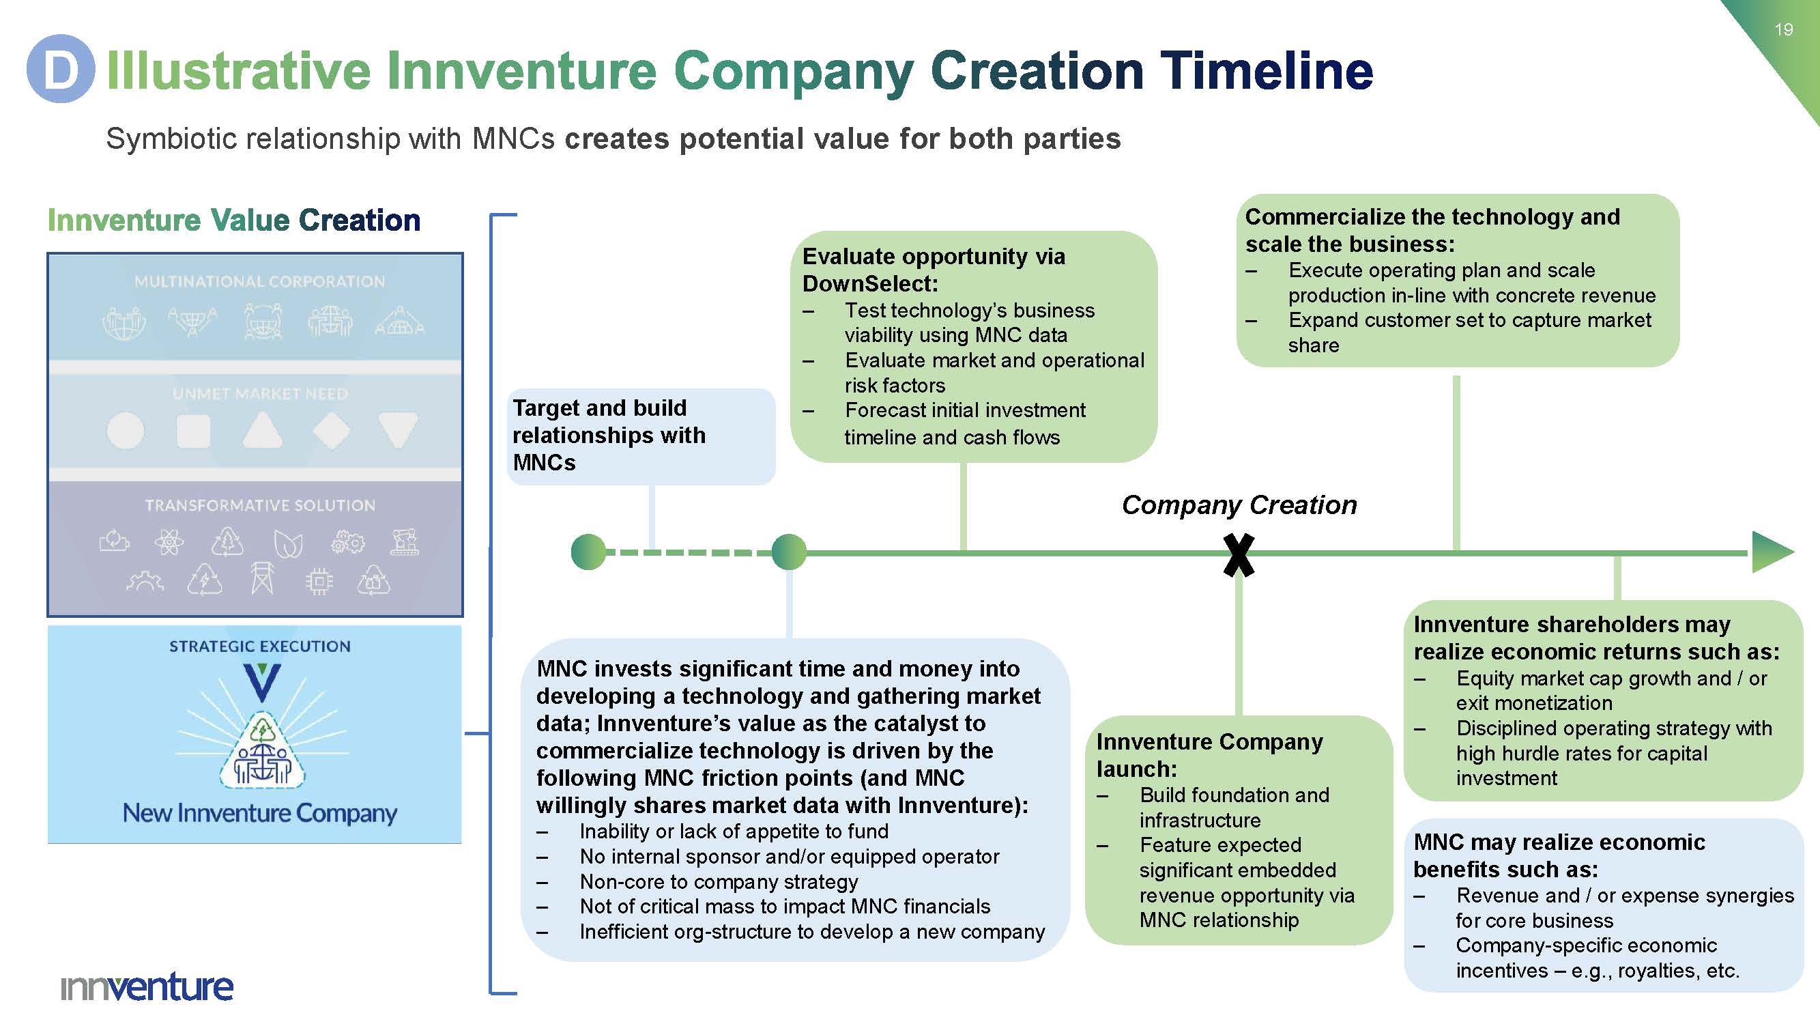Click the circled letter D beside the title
pyautogui.click(x=61, y=68)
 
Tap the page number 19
pyautogui.click(x=1783, y=29)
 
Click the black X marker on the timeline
pyautogui.click(x=1239, y=555)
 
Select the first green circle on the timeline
pyautogui.click(x=588, y=552)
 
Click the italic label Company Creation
pyautogui.click(x=1239, y=505)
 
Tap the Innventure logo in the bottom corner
pyautogui.click(x=147, y=986)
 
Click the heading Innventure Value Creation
pyautogui.click(x=234, y=221)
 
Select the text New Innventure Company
pyautogui.click(x=259, y=812)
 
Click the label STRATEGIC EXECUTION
pyautogui.click(x=259, y=646)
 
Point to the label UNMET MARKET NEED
pyautogui.click(x=260, y=394)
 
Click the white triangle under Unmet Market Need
pyautogui.click(x=262, y=429)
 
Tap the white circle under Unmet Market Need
pyautogui.click(x=125, y=430)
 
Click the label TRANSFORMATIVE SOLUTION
pyautogui.click(x=260, y=505)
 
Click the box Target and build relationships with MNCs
pyautogui.click(x=641, y=436)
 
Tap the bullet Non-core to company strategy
pyautogui.click(x=719, y=882)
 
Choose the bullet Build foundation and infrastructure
pyautogui.click(x=1234, y=807)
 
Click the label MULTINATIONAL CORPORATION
pyautogui.click(x=259, y=281)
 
